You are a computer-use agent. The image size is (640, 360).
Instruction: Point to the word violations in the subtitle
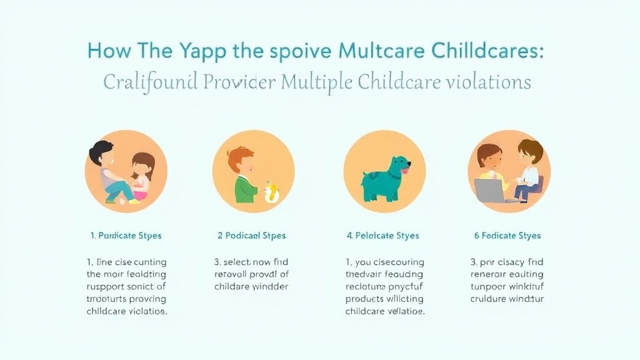coord(489,82)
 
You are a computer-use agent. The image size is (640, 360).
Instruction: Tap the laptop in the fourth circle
coord(492,190)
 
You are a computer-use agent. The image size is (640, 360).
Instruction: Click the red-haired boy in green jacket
coord(245,176)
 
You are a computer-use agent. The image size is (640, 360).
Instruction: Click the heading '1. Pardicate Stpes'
coord(126,236)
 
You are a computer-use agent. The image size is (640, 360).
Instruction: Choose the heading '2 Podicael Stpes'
coord(251,236)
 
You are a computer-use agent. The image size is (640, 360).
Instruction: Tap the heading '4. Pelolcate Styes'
coord(382,236)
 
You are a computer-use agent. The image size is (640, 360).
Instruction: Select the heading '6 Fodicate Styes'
coord(507,236)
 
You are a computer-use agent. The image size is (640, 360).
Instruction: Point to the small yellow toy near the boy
coord(272,192)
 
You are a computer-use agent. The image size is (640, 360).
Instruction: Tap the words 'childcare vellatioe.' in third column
coord(385,311)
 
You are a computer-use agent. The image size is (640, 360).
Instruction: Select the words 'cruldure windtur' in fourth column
coord(507,299)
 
